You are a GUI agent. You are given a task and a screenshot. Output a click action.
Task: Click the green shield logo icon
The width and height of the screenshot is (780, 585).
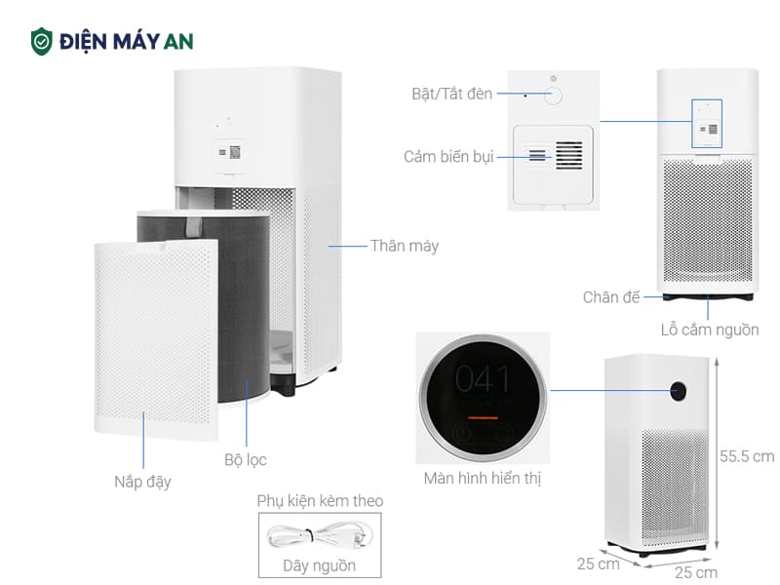tap(42, 41)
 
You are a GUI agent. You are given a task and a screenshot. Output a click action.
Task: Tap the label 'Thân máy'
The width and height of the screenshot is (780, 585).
tap(404, 246)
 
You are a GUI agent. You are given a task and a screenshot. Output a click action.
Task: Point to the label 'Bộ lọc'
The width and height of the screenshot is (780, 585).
tap(245, 459)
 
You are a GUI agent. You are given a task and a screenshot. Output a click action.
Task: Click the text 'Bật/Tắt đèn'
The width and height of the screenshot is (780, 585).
tap(451, 95)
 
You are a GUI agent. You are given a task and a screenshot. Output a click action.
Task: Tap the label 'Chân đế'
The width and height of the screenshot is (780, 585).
tap(611, 297)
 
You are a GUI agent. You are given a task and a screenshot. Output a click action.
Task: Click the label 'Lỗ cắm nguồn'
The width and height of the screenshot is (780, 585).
tap(709, 330)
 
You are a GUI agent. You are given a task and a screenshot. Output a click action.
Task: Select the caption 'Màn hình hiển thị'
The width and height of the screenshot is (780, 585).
tap(482, 478)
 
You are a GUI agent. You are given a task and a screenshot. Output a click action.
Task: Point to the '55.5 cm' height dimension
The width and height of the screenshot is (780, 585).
tap(747, 455)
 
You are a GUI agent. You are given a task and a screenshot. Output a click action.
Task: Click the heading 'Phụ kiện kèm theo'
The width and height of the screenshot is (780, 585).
tap(320, 501)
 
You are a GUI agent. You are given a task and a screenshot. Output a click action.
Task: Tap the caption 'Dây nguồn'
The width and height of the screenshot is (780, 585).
tap(319, 565)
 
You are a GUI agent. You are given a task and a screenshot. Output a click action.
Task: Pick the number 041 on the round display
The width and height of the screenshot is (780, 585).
tap(484, 378)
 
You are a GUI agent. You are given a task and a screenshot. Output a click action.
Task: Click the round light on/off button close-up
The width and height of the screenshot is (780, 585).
tap(554, 96)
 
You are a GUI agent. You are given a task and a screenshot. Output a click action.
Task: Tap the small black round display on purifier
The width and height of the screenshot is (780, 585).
tap(679, 390)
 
